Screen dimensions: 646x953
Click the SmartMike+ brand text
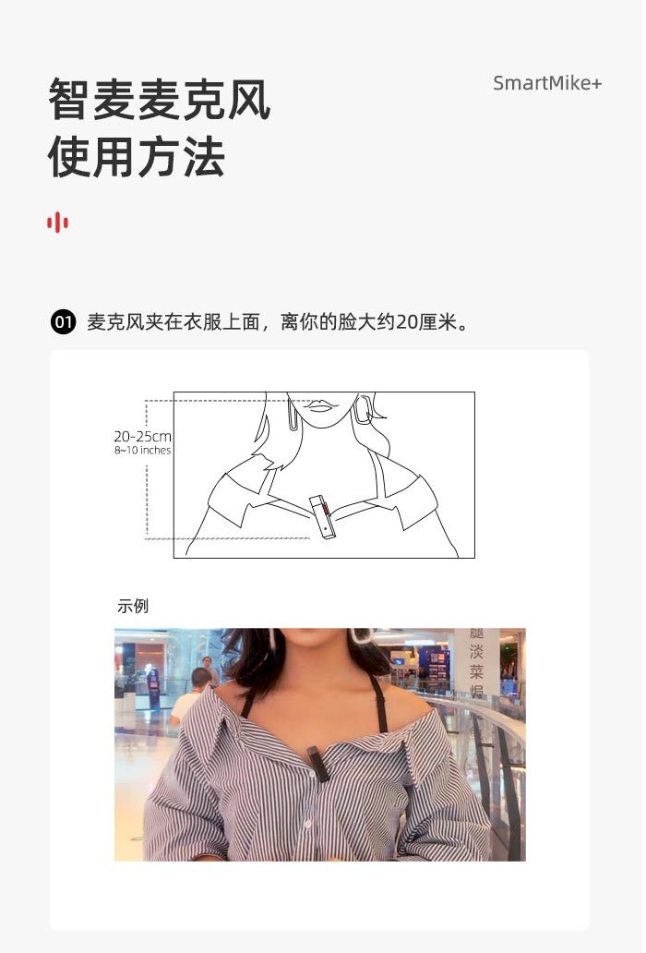tap(547, 83)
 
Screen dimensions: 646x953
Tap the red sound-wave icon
tap(57, 223)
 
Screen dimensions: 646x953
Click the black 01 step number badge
tap(63, 321)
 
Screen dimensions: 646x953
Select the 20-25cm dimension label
tap(143, 437)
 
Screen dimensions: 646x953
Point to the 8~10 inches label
tap(143, 451)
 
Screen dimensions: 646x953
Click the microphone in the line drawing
tap(322, 517)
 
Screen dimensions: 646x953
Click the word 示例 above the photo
tap(132, 606)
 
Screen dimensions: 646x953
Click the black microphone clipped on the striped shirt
tap(317, 764)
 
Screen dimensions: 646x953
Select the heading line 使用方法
tap(138, 157)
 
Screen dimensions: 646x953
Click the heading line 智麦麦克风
tap(159, 99)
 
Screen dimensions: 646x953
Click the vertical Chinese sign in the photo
tap(476, 662)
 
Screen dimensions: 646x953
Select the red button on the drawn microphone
tap(327, 510)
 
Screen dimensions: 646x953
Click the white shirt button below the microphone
tap(307, 824)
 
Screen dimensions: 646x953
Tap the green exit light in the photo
tap(507, 649)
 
